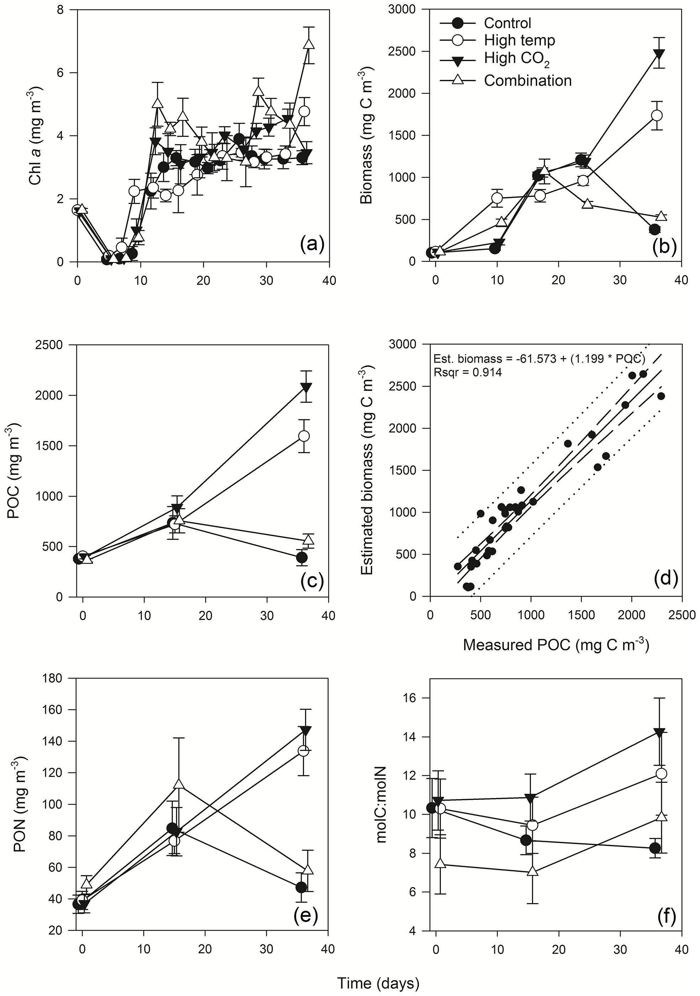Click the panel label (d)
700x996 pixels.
point(664,579)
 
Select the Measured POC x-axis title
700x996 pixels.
point(556,645)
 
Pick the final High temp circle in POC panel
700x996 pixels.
point(304,436)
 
